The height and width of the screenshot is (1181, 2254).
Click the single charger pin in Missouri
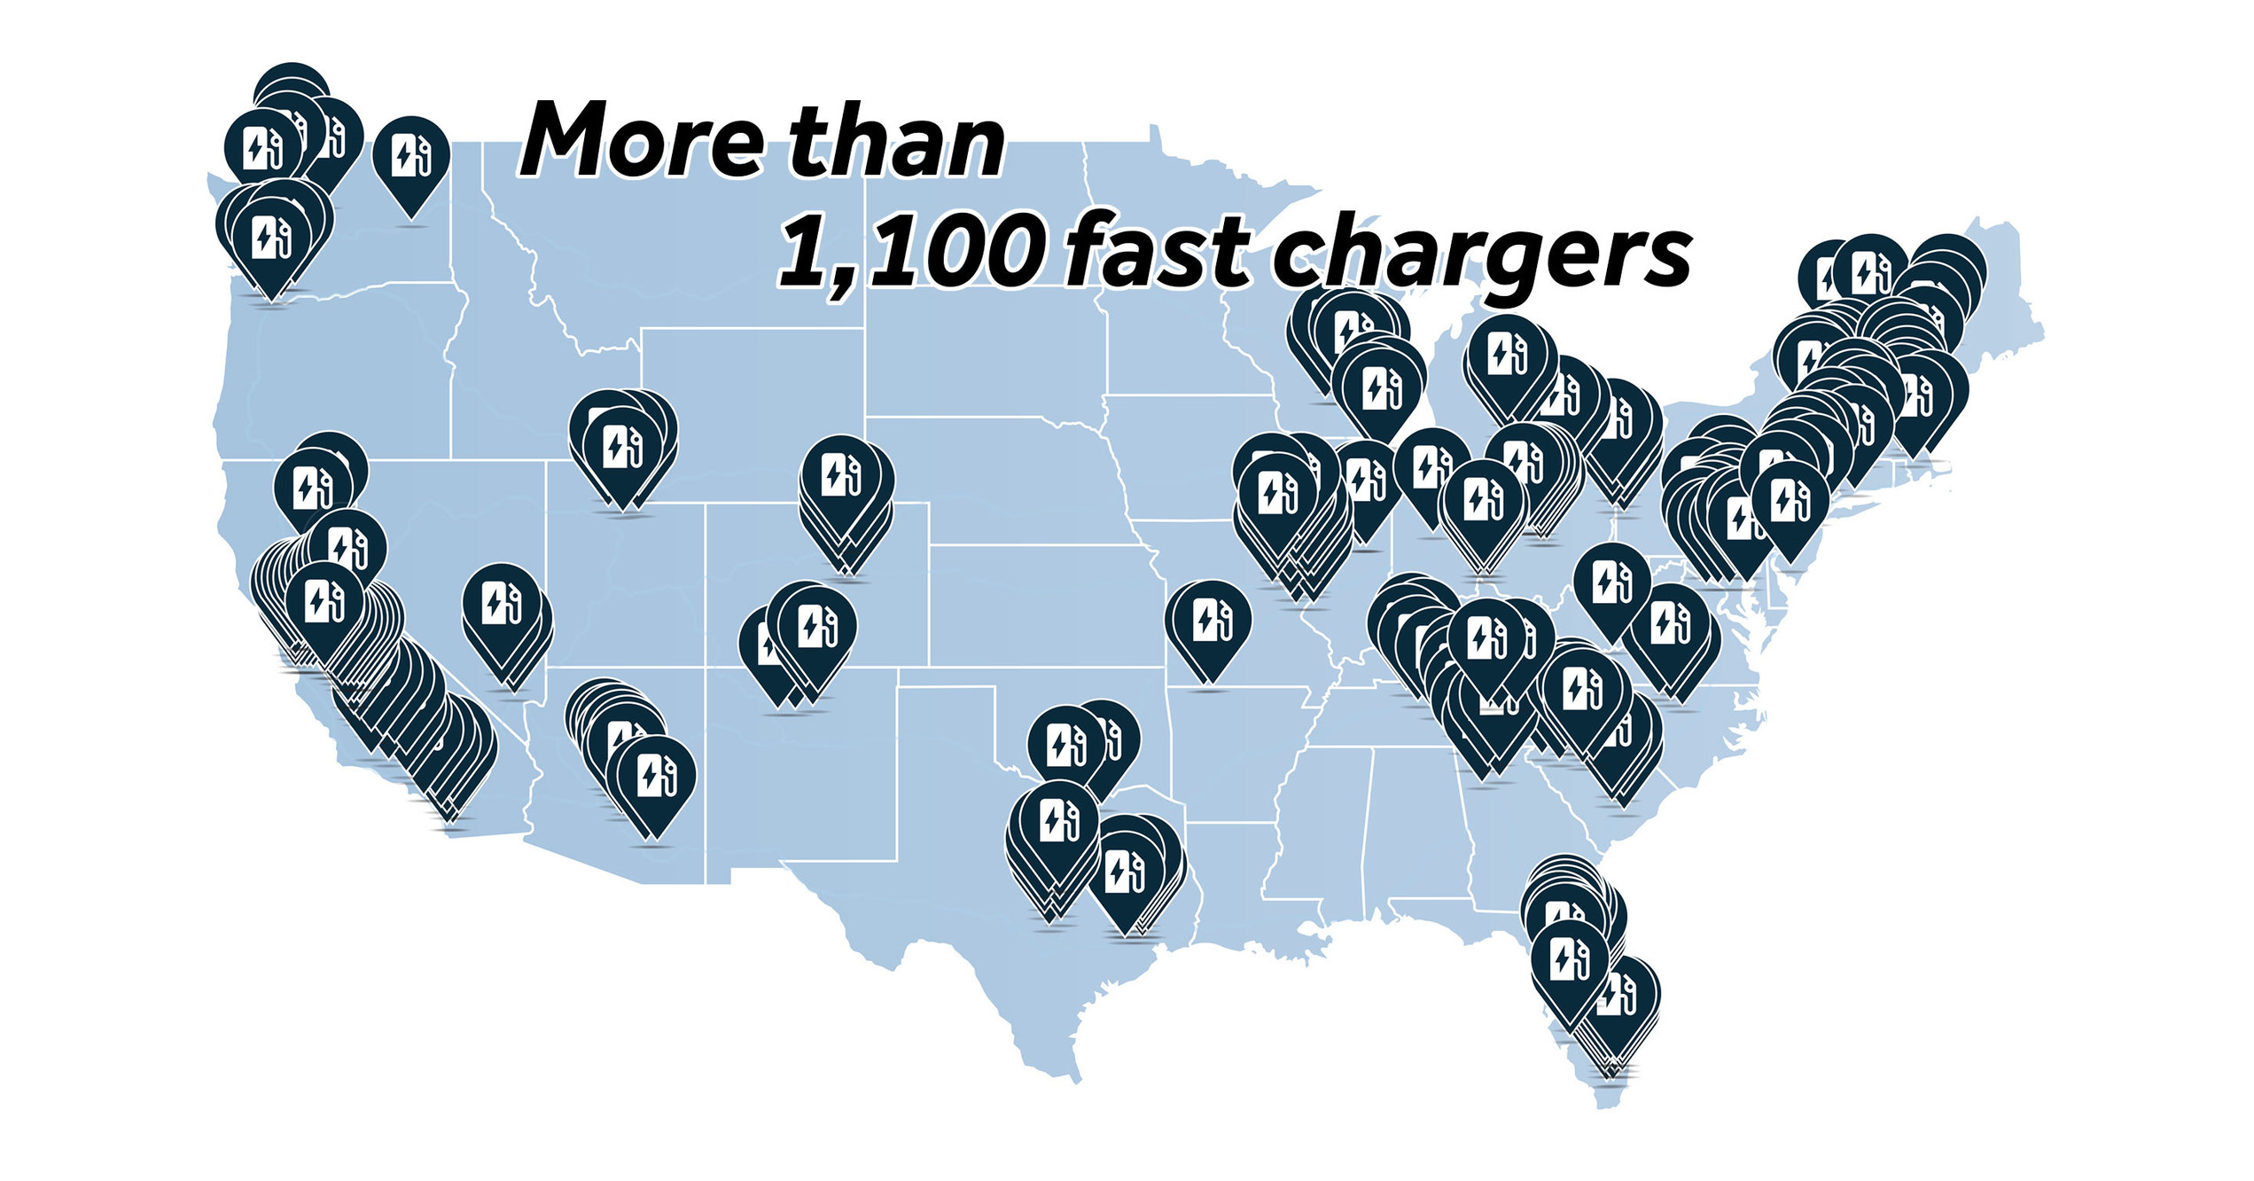[x=1207, y=620]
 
